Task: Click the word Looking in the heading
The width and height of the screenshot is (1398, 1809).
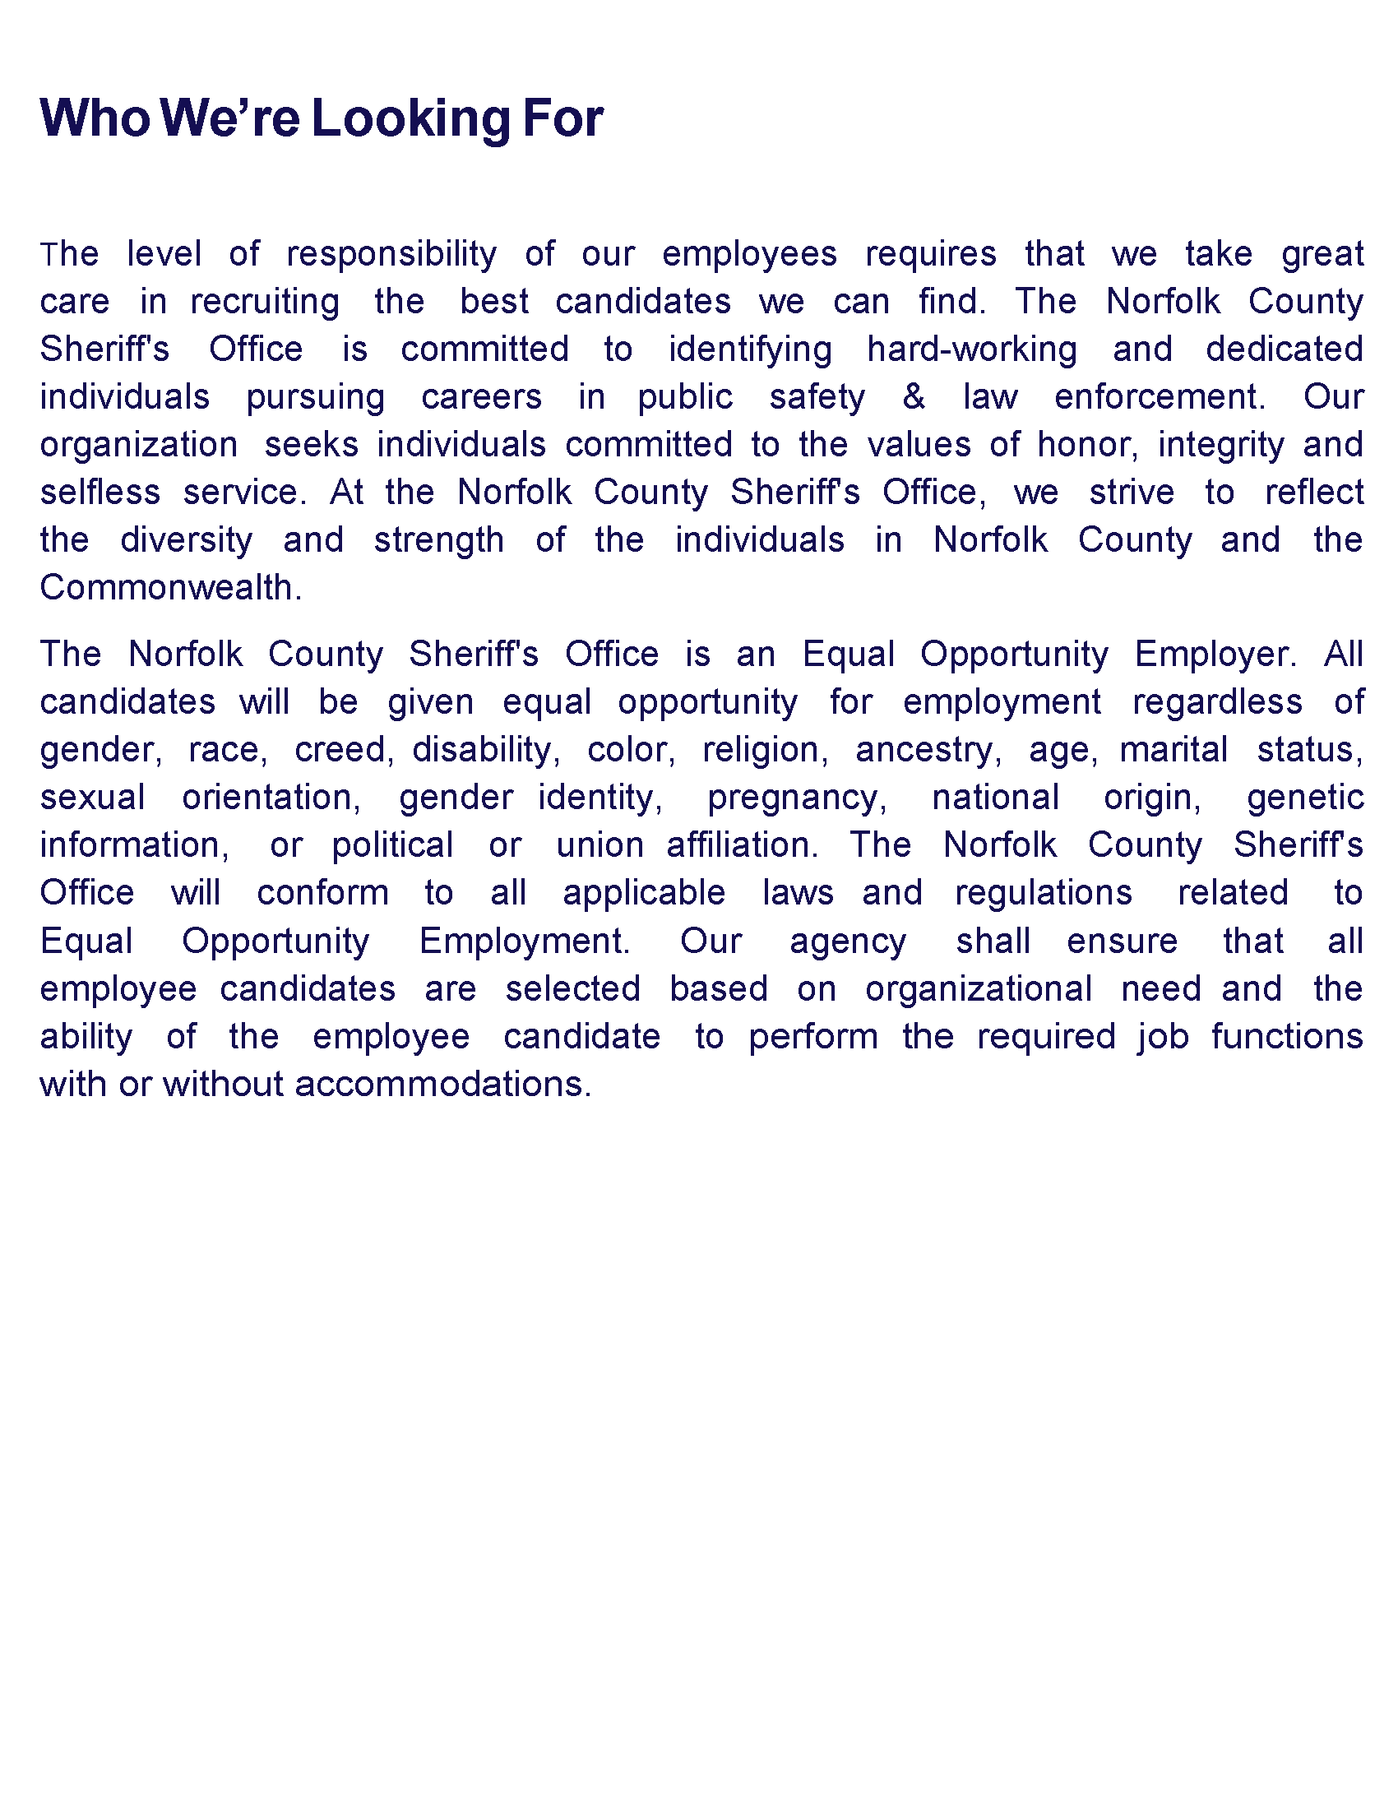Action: [x=411, y=119]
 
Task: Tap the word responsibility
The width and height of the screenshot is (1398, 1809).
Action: [x=391, y=254]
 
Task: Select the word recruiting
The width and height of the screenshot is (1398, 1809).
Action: [x=265, y=303]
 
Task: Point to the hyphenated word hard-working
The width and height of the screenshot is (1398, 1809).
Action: [x=971, y=349]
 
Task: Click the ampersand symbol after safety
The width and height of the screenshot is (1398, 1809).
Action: [x=913, y=397]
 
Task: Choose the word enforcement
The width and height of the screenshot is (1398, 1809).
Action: [x=1160, y=397]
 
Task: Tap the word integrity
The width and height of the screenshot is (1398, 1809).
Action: [x=1220, y=445]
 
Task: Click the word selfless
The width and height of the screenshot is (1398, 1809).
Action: [x=100, y=493]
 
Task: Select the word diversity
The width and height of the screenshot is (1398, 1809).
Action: [x=187, y=541]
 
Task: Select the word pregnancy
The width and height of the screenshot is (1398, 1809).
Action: [x=797, y=798]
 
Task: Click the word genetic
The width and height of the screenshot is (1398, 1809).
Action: [x=1304, y=798]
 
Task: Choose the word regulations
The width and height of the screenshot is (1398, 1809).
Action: [x=1043, y=893]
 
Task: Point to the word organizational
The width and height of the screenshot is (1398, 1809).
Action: [x=978, y=989]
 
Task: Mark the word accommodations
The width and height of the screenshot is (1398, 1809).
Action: [x=442, y=1085]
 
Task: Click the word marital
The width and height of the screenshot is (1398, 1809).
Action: [x=1173, y=750]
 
